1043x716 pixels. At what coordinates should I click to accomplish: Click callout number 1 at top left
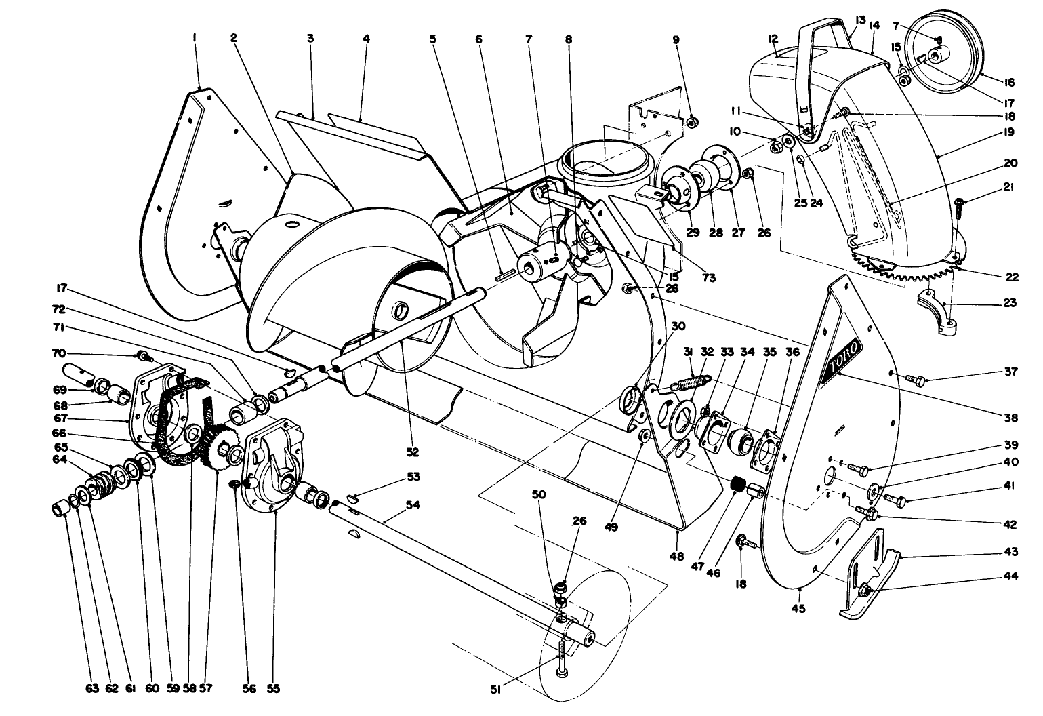coord(194,39)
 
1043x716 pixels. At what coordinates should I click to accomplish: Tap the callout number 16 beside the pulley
coord(1009,83)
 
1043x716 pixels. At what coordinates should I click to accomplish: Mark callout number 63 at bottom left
coord(92,689)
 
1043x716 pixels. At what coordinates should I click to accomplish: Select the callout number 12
coord(773,39)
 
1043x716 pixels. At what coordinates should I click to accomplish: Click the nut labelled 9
coord(693,123)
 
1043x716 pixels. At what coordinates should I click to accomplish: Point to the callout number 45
coord(798,608)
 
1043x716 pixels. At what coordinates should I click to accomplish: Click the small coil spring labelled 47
coord(738,485)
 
